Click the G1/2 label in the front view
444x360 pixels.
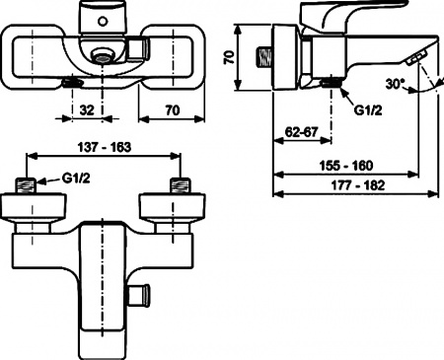[76, 179]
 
